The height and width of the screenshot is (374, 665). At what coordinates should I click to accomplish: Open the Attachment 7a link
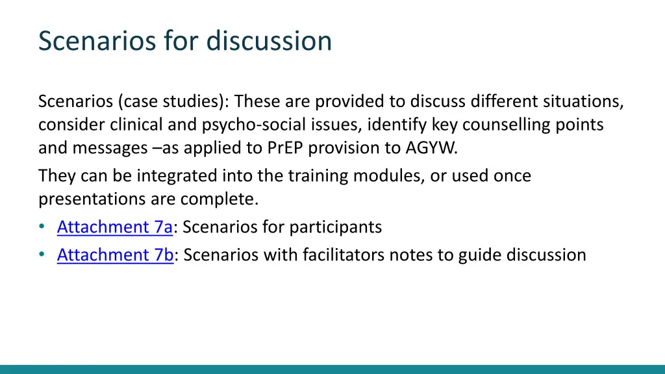[x=114, y=227]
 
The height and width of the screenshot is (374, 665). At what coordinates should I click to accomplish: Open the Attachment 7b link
[x=115, y=255]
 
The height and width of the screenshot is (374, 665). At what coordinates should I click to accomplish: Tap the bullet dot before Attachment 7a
[x=42, y=227]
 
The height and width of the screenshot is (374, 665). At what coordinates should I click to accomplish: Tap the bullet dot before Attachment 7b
[x=42, y=255]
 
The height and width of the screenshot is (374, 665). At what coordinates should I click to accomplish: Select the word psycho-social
[x=247, y=125]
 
